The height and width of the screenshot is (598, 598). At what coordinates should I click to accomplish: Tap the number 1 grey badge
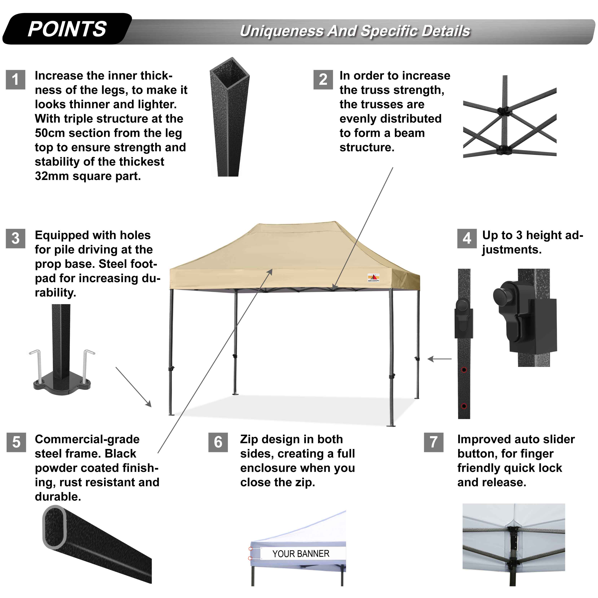point(15,80)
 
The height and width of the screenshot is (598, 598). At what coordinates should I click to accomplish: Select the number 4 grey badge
point(467,239)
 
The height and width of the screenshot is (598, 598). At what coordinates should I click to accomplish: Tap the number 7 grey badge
point(433,442)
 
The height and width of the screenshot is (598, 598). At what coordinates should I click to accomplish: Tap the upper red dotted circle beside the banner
point(251,549)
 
